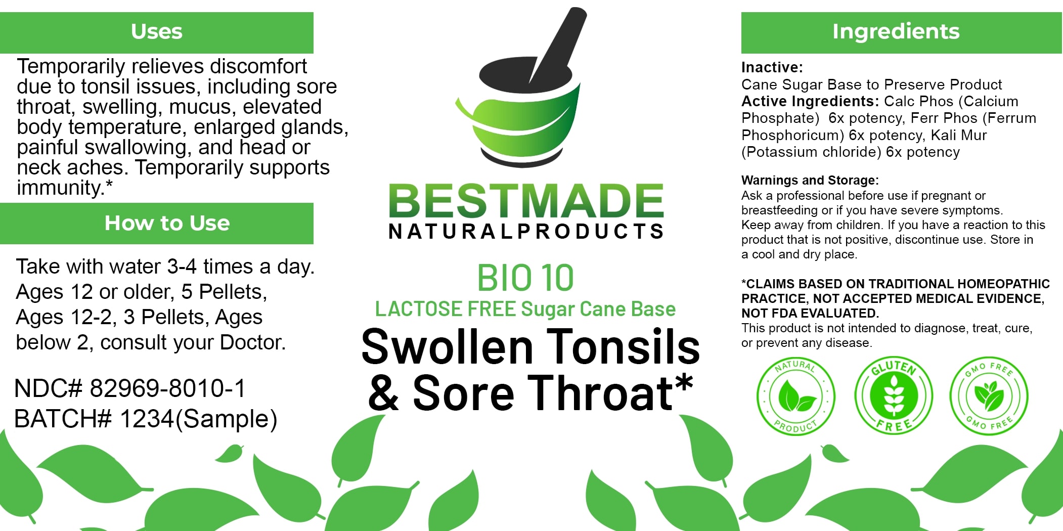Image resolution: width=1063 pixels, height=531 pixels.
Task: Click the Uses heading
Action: (x=157, y=31)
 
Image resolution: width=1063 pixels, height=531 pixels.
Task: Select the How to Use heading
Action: (x=167, y=223)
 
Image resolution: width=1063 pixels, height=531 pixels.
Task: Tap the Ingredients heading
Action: (x=896, y=31)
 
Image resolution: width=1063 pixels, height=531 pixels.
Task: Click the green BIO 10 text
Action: (x=525, y=278)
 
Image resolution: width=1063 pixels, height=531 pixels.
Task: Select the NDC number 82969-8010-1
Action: (x=167, y=388)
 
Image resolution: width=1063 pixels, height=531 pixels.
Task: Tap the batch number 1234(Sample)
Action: (x=198, y=419)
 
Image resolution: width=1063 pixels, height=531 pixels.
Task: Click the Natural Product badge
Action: (x=795, y=396)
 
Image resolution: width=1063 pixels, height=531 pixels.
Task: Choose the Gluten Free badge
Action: (x=894, y=394)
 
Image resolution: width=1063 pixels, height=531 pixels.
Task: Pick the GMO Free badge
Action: (x=989, y=395)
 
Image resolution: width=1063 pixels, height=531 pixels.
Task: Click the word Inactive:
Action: (x=772, y=67)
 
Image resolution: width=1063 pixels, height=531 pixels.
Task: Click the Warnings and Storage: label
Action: (x=810, y=181)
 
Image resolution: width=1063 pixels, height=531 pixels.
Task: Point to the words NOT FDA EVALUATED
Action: (x=810, y=314)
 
